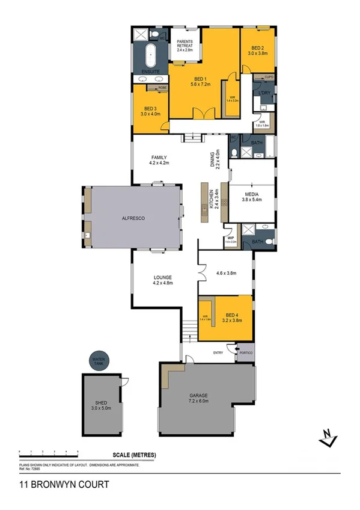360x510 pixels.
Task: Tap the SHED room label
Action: point(101,405)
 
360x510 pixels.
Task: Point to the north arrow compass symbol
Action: point(328,437)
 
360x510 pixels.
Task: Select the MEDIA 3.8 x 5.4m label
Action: point(251,197)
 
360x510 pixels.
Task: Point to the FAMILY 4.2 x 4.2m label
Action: point(159,160)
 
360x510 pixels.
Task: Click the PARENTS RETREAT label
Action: point(185,46)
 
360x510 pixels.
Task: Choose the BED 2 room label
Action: point(257,51)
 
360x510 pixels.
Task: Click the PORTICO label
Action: point(245,353)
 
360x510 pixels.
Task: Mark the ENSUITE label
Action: point(150,73)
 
